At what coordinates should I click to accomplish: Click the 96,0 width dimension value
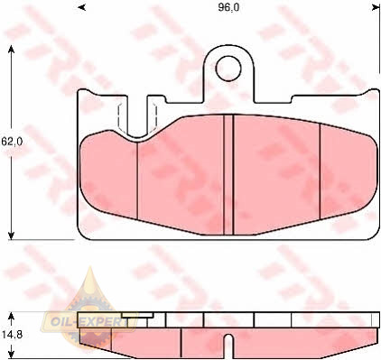pos(228,7)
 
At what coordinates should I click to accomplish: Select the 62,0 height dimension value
pos(12,142)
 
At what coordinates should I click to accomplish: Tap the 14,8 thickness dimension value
pos(12,335)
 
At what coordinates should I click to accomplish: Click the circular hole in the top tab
pos(228,69)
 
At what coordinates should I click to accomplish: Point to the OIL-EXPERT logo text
pos(89,322)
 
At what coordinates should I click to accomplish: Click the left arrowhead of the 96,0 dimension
pos(81,7)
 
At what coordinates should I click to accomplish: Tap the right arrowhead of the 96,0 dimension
pos(376,7)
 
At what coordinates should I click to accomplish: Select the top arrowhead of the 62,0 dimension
pos(11,50)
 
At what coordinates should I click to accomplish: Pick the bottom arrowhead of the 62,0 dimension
pos(11,235)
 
